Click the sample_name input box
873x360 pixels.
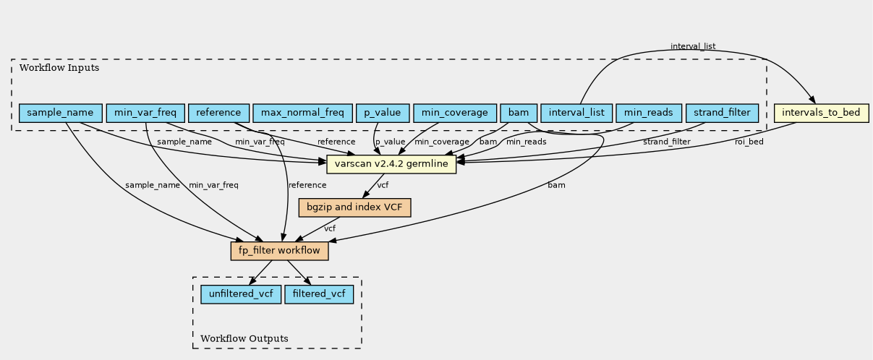61,113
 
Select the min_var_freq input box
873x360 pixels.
145,113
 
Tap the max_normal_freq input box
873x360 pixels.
302,113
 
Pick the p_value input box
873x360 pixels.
383,113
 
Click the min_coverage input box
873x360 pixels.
455,113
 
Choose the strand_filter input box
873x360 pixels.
722,113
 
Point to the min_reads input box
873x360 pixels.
649,113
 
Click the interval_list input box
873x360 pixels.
576,113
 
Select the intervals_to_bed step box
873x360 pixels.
821,113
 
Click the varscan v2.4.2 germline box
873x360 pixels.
391,164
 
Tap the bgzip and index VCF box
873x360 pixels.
354,207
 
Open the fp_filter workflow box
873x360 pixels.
279,251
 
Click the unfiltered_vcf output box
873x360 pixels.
241,294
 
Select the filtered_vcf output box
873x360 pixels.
319,294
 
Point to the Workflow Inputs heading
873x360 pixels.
59,68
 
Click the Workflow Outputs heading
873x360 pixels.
244,338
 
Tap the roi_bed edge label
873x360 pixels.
749,142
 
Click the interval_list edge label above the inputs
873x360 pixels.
693,46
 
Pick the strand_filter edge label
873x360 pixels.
666,142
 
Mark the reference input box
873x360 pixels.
218,113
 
